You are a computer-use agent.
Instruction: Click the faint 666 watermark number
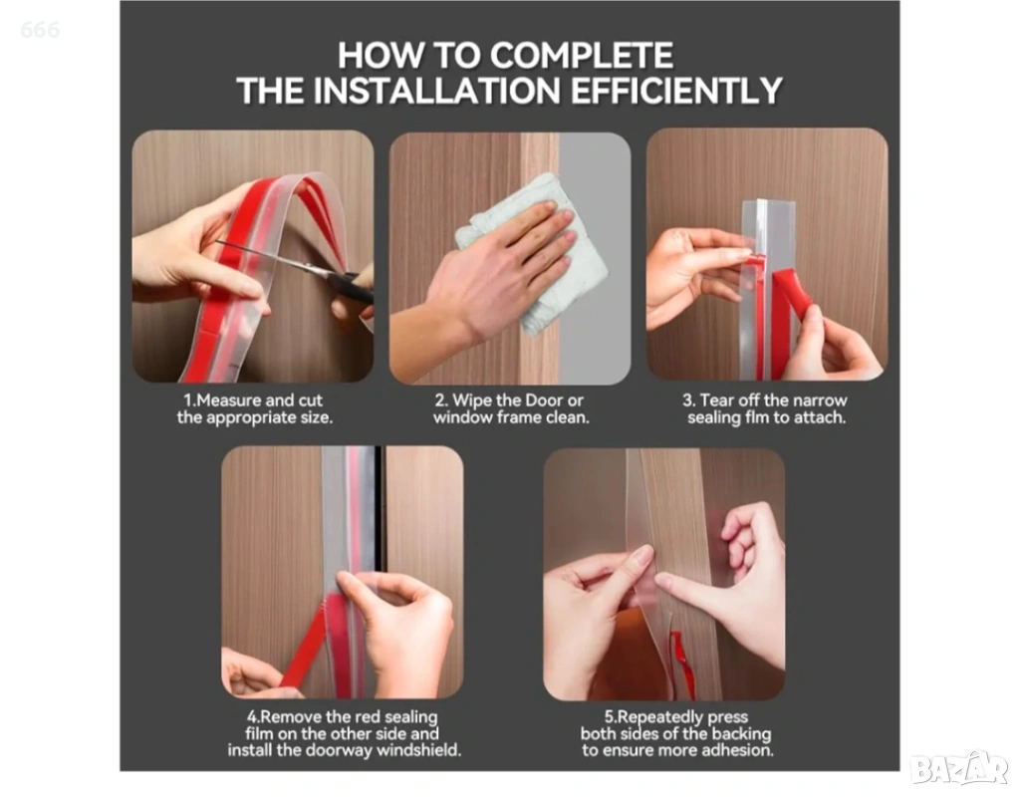point(40,29)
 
